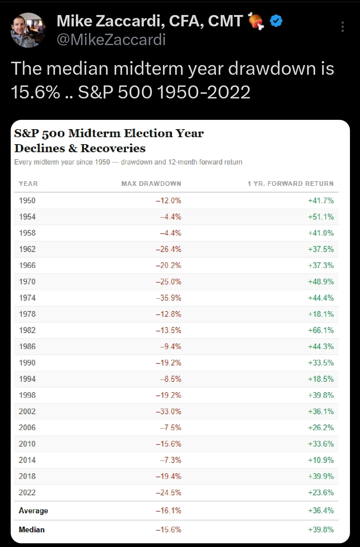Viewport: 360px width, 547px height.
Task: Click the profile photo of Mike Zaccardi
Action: point(28,30)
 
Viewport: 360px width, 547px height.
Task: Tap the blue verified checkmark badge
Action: point(276,21)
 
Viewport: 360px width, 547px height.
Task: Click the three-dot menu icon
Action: point(343,27)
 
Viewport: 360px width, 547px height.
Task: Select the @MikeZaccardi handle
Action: point(111,40)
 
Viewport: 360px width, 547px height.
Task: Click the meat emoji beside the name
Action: point(256,21)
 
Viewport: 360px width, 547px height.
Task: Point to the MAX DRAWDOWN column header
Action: point(151,184)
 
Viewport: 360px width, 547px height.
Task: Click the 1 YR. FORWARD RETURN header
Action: point(291,184)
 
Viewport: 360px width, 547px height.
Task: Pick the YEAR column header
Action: point(28,184)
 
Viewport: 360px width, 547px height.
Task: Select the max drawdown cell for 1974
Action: point(168,298)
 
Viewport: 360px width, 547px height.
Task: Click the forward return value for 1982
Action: point(321,330)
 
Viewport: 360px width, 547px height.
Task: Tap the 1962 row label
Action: point(27,249)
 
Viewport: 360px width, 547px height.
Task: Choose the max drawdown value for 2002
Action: point(168,412)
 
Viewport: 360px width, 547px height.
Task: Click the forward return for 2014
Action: point(321,460)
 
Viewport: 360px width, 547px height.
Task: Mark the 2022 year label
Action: point(27,492)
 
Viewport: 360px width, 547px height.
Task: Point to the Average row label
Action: point(33,511)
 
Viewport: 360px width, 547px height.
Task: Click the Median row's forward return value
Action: point(321,529)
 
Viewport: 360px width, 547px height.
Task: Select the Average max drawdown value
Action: point(168,510)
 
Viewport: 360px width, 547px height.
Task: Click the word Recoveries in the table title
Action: point(113,148)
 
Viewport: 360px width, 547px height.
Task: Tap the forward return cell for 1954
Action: point(321,217)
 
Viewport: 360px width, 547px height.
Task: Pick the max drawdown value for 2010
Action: point(168,444)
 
